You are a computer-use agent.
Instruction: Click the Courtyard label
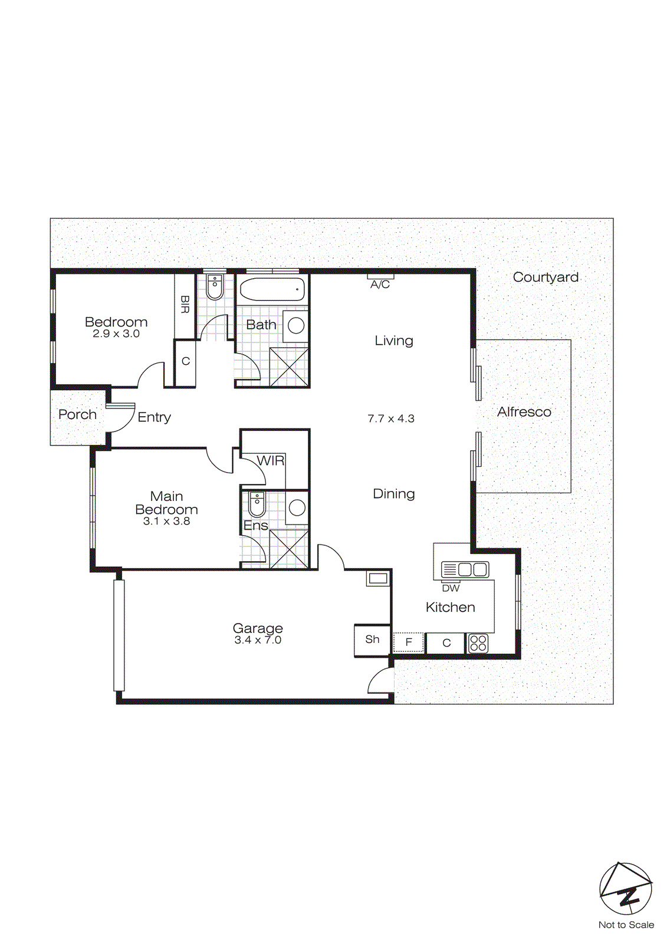(546, 278)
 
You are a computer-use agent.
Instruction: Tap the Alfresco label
(524, 412)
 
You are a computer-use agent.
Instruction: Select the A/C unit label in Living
(380, 285)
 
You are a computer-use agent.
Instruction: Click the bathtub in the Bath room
(272, 289)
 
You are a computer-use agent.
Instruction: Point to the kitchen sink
(465, 570)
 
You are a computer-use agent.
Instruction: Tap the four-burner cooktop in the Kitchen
(478, 644)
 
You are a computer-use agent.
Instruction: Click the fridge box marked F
(408, 643)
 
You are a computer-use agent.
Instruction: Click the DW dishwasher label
(451, 588)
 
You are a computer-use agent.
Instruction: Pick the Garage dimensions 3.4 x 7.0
(258, 640)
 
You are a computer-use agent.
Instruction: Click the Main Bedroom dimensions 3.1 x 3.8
(166, 521)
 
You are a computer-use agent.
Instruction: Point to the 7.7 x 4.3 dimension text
(391, 419)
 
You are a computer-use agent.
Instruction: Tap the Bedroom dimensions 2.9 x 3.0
(116, 334)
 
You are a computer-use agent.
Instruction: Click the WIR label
(271, 460)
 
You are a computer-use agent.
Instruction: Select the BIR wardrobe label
(185, 304)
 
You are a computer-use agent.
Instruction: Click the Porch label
(77, 415)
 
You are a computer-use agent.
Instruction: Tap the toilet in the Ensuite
(257, 505)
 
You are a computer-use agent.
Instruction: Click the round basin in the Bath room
(297, 325)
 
